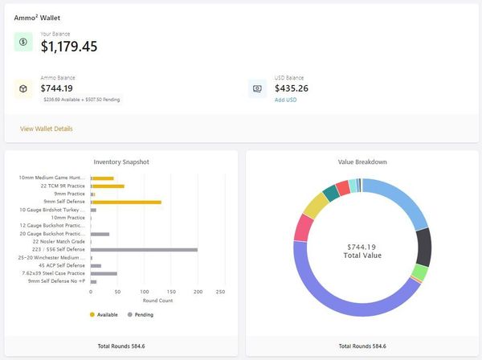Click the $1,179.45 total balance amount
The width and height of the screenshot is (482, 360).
coord(69,47)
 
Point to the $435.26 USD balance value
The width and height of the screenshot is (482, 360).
coord(292,88)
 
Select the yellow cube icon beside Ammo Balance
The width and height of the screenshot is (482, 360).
coord(23,88)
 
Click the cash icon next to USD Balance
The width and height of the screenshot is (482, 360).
coord(258,88)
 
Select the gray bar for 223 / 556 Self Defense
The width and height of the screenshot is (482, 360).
coord(144,250)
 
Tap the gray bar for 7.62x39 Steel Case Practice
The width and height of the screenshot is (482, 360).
coord(104,273)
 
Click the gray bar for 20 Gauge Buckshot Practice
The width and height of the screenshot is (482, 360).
coord(100,234)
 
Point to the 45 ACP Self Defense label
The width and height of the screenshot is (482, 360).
coord(60,266)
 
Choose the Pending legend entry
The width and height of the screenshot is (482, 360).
coord(141,314)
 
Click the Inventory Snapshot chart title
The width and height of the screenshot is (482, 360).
coord(121,162)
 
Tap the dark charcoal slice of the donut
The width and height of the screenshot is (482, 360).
coord(419,245)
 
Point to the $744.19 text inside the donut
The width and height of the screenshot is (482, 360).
coord(361,246)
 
